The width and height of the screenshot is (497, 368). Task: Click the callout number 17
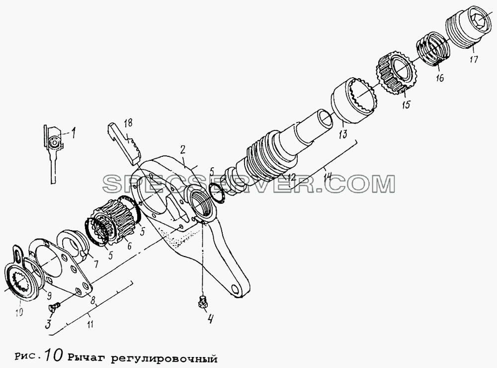pyautogui.click(x=473, y=59)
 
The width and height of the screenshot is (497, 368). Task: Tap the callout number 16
pyautogui.click(x=440, y=78)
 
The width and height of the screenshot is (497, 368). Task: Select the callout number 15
pyautogui.click(x=406, y=104)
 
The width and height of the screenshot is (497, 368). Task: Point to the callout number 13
pyautogui.click(x=343, y=133)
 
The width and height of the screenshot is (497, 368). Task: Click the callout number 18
pyautogui.click(x=128, y=123)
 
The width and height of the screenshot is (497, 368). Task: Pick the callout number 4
pyautogui.click(x=209, y=318)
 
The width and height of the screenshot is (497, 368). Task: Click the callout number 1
pyautogui.click(x=73, y=130)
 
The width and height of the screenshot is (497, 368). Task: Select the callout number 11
pyautogui.click(x=90, y=325)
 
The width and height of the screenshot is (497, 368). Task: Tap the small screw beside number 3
pyautogui.click(x=55, y=306)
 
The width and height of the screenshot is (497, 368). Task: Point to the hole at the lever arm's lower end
pyautogui.click(x=236, y=289)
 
